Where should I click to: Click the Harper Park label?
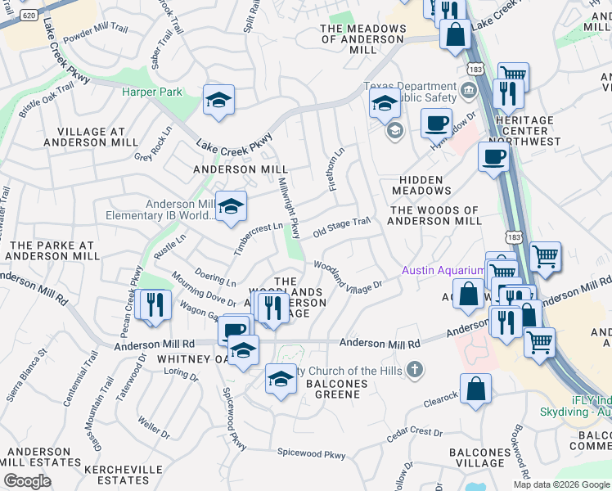152,92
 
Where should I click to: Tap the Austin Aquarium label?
443,271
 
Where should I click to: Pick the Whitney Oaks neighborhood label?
190,358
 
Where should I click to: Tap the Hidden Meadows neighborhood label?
421,185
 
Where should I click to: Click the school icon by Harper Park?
218,100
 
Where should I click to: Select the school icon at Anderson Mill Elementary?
231,206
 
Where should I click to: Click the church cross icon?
415,370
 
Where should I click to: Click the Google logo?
27,481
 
